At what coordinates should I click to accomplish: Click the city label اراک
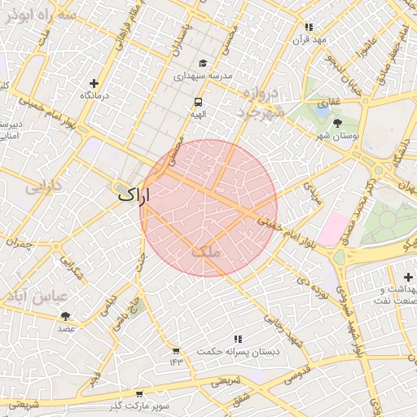134,195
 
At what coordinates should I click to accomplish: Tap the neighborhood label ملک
206,252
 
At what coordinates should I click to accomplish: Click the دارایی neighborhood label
43,187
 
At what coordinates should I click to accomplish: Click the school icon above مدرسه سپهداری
202,63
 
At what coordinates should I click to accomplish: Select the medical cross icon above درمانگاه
94,83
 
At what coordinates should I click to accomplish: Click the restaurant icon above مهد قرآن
309,27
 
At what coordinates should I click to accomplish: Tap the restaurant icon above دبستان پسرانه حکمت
238,338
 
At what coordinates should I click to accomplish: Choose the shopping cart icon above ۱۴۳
176,350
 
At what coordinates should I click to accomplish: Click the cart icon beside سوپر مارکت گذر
138,393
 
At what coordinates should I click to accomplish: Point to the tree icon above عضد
65,316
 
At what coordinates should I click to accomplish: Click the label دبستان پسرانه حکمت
238,351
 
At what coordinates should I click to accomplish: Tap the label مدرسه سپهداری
203,75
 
